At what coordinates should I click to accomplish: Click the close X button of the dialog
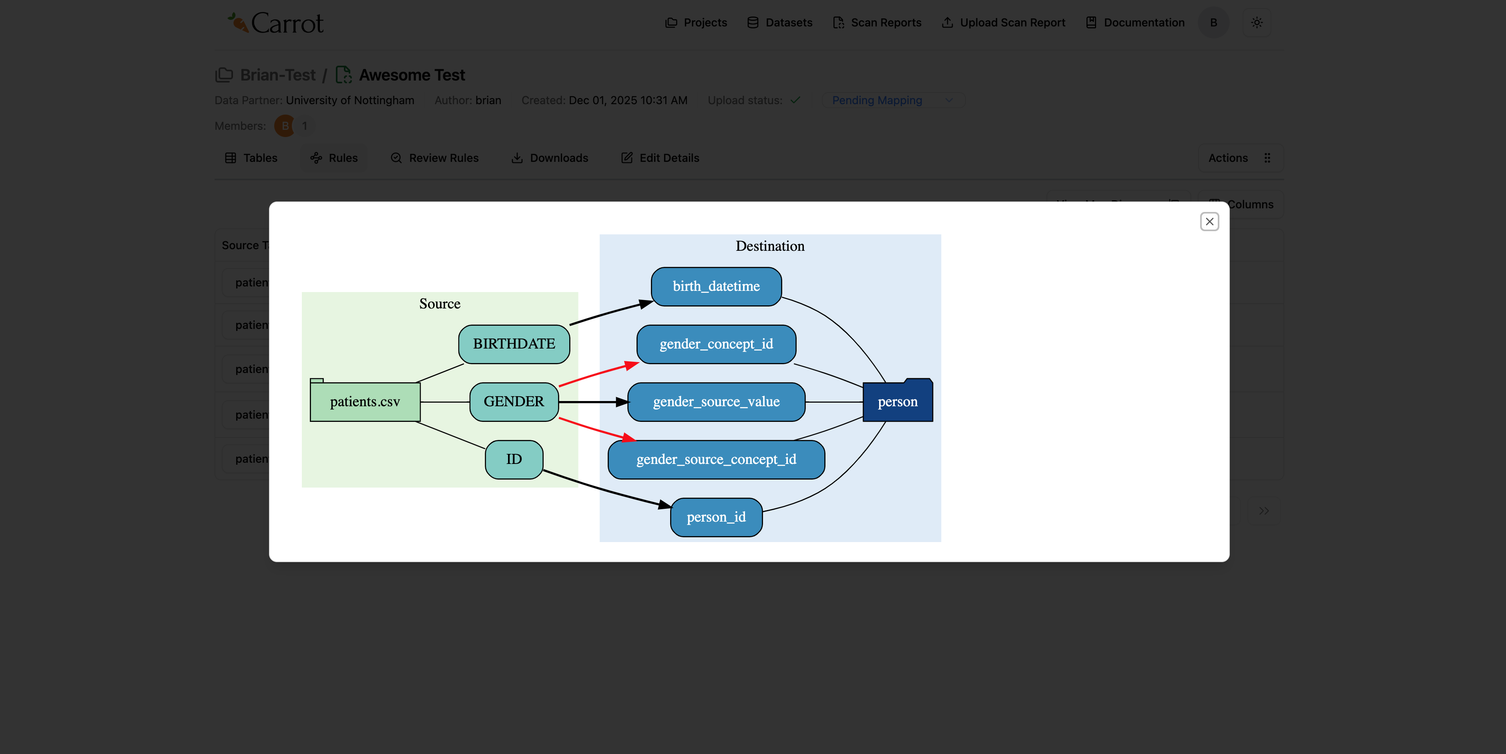coord(1209,222)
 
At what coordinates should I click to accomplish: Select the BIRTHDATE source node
coord(514,344)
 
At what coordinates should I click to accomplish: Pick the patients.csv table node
coord(365,402)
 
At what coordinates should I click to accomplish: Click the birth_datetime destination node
coord(716,286)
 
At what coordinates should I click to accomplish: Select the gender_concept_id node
coord(716,344)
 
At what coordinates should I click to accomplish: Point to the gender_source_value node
coord(716,402)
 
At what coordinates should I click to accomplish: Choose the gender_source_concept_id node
coord(716,459)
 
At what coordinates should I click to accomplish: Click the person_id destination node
coord(716,517)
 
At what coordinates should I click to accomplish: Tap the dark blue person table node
coord(898,402)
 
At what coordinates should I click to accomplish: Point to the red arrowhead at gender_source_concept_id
coord(629,437)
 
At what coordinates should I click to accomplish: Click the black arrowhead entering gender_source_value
coord(622,402)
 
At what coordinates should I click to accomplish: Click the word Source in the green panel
coord(440,304)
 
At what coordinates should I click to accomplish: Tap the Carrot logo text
coord(287,23)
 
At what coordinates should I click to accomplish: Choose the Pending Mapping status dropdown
coord(892,101)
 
